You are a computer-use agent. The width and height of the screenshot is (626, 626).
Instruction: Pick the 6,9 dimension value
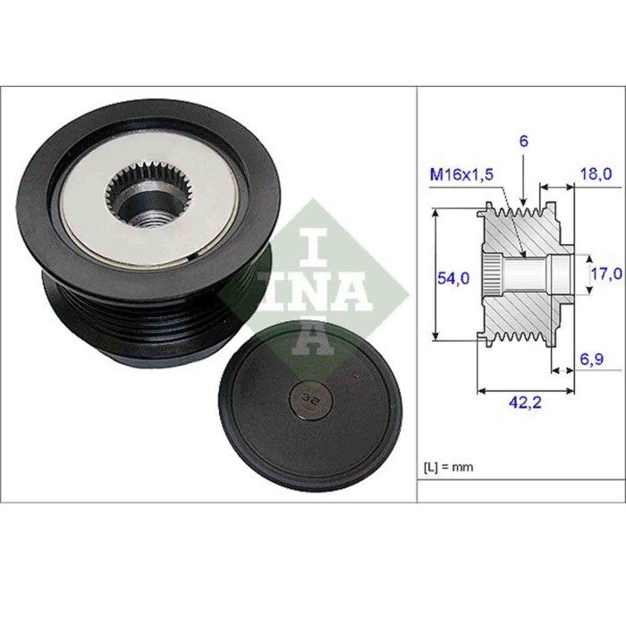pyautogui.click(x=594, y=360)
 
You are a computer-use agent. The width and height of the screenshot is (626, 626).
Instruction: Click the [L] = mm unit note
pyautogui.click(x=447, y=468)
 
